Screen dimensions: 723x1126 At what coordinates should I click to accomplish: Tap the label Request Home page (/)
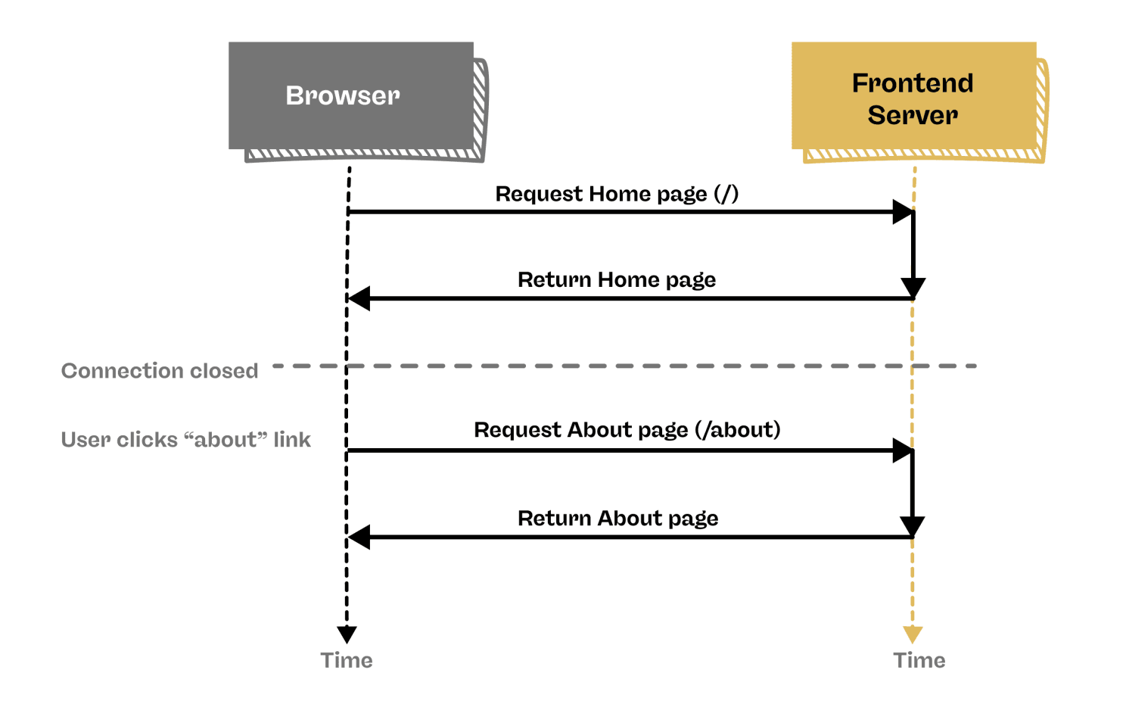[x=617, y=194]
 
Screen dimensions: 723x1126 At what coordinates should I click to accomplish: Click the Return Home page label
[x=617, y=280]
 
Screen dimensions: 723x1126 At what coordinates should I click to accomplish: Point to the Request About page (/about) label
[x=627, y=430]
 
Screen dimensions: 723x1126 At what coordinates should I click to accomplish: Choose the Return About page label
[x=617, y=519]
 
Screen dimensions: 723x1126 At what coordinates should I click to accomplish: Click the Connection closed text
[x=160, y=371]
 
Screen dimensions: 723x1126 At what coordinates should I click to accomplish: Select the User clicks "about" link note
[x=185, y=440]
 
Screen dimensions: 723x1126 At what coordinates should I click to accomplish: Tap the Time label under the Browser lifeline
[x=347, y=660]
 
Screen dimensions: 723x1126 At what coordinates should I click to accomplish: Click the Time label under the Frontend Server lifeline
[x=919, y=660]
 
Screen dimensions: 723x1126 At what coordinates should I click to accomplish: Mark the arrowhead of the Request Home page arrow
[x=902, y=212]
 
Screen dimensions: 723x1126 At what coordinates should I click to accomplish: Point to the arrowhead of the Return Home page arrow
[x=359, y=298]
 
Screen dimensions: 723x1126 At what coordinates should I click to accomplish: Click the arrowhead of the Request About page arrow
[x=902, y=450]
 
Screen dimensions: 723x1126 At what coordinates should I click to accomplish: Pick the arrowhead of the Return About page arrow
[x=359, y=538]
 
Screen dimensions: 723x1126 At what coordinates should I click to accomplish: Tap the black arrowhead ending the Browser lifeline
[x=347, y=634]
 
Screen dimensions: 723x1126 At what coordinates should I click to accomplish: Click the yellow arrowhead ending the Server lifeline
[x=913, y=634]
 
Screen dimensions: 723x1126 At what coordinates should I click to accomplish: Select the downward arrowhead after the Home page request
[x=913, y=288]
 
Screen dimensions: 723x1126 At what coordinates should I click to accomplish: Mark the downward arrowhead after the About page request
[x=913, y=526]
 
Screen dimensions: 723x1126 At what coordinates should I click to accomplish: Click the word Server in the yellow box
[x=913, y=115]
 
